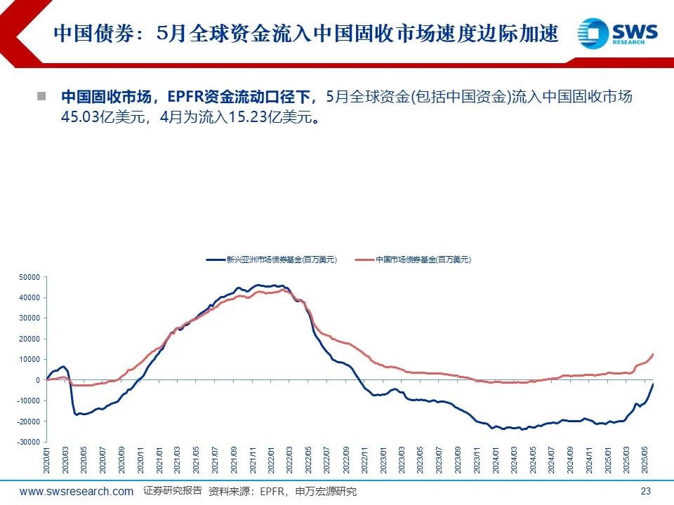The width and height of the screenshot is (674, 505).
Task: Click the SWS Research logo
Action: tap(618, 33)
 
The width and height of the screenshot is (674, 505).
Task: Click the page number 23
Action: tap(647, 491)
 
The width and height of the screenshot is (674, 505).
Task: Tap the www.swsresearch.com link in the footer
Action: tap(77, 491)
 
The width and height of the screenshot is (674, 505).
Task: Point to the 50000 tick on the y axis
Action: tap(29, 277)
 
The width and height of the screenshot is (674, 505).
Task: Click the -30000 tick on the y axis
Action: tap(28, 442)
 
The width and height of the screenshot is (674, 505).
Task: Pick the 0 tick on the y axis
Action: tap(39, 380)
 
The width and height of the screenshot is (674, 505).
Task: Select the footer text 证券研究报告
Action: tap(172, 490)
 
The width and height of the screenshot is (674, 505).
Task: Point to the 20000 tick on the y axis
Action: tap(29, 339)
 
